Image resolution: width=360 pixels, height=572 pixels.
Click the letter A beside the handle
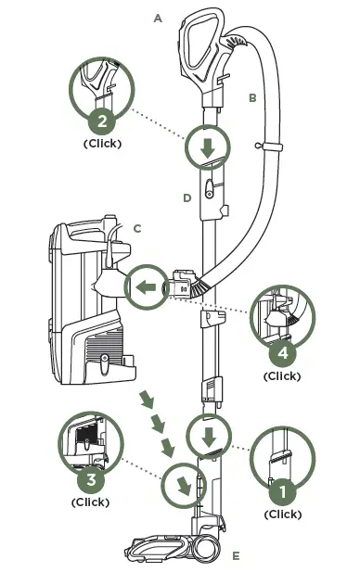(x=158, y=19)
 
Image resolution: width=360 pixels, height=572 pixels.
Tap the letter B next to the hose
(x=252, y=98)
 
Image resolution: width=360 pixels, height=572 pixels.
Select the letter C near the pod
(x=137, y=229)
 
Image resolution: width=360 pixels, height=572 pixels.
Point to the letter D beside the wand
(x=186, y=198)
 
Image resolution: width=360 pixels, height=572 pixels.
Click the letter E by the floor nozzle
(x=236, y=556)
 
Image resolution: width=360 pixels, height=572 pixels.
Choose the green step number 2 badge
(x=102, y=121)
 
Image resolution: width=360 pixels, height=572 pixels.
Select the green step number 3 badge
(x=91, y=479)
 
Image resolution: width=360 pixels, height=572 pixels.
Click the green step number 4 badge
(x=283, y=353)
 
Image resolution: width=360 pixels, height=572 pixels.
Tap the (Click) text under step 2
(x=102, y=144)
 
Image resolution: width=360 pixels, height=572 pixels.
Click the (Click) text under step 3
(x=91, y=502)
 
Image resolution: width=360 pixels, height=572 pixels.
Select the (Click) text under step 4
(x=282, y=376)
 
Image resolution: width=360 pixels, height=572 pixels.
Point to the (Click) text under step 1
(x=283, y=515)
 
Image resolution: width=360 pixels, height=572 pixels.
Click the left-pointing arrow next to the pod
(x=146, y=287)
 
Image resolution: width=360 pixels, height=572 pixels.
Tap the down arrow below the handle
(x=208, y=149)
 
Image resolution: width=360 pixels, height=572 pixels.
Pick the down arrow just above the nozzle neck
(x=209, y=437)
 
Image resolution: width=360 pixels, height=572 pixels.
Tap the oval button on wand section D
(x=209, y=189)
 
